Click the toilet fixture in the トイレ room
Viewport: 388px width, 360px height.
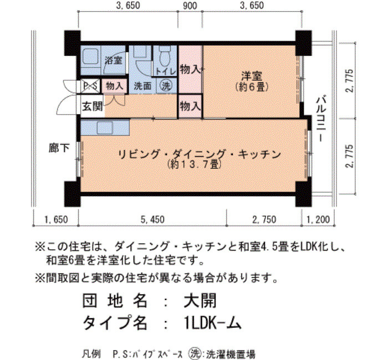(x=165, y=56)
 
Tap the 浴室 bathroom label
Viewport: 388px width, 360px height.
(x=114, y=60)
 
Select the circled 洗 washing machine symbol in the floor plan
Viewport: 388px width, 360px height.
(x=166, y=85)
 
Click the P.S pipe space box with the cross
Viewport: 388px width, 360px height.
(x=90, y=86)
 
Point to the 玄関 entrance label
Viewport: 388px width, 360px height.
(x=93, y=106)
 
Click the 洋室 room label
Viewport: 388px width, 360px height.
(x=252, y=76)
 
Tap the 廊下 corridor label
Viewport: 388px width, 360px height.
(x=59, y=148)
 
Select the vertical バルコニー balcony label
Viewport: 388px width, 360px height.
(x=321, y=118)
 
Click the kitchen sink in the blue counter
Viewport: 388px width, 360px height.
(x=105, y=128)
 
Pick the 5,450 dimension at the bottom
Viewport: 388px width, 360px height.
(x=152, y=219)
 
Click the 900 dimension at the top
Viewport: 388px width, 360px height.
(x=190, y=6)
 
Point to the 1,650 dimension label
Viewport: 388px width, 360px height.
(x=56, y=219)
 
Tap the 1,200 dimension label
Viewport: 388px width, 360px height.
(x=318, y=219)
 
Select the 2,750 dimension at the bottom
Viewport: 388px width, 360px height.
(x=264, y=219)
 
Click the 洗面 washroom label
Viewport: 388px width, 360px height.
(x=142, y=86)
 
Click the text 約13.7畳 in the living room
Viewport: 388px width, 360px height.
(x=194, y=164)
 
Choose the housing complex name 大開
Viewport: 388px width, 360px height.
(x=200, y=300)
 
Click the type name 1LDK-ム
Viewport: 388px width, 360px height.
(x=213, y=322)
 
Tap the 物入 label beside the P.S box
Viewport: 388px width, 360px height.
(x=114, y=86)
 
